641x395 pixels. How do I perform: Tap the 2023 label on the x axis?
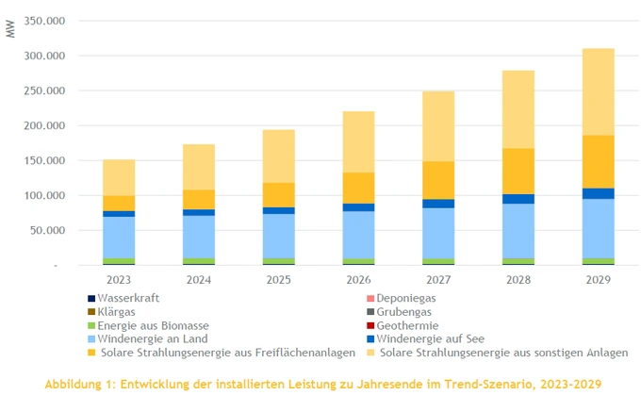[x=119, y=279]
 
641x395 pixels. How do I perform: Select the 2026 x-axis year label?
[x=358, y=279]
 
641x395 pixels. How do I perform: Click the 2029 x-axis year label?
[x=598, y=279]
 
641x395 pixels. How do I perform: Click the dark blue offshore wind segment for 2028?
[x=518, y=199]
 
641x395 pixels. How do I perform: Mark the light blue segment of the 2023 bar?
[x=119, y=237]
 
